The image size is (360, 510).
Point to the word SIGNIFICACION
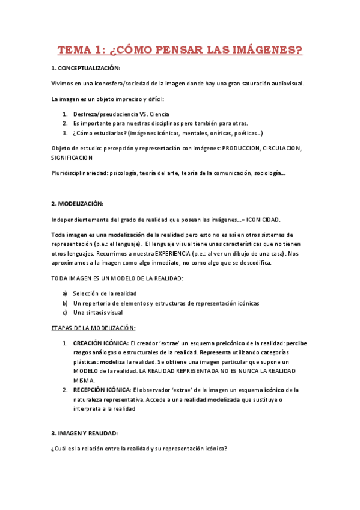click(x=72, y=158)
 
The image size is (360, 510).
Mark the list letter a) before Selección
click(x=64, y=293)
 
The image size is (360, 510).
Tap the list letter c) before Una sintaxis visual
click(x=64, y=313)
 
